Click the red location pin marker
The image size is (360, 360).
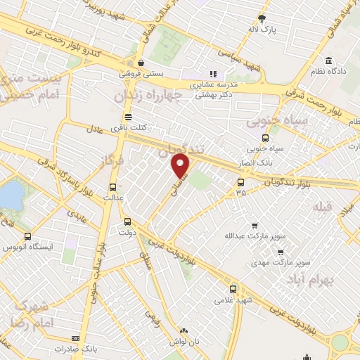[181, 166]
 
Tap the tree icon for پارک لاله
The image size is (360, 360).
[262, 18]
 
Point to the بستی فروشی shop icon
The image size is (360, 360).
[141, 62]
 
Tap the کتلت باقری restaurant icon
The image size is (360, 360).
[127, 117]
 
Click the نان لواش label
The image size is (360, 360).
[184, 340]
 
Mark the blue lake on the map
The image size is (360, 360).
[11, 195]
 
